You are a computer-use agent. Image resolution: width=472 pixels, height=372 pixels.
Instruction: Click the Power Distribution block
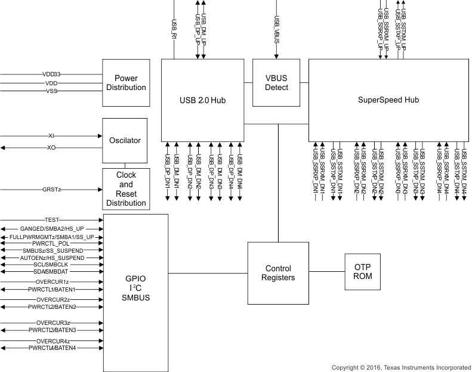pos(126,82)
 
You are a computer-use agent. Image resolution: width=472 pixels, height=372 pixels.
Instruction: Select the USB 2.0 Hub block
pos(203,99)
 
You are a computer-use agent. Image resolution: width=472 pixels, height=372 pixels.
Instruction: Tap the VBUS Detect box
pos(276,82)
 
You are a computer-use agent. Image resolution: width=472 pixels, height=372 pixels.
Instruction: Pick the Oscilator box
pos(125,141)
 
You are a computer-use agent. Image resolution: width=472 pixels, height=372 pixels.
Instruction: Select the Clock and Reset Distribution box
pos(125,189)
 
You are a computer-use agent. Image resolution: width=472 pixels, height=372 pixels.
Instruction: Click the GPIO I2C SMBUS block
pos(136,287)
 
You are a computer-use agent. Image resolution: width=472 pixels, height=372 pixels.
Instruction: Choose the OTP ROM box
pos(363,272)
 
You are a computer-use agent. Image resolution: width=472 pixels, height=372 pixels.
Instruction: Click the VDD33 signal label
pos(52,75)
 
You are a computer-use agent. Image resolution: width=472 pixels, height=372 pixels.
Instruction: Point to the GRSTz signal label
pos(52,189)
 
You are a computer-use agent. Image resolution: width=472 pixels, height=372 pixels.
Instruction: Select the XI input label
pos(51,136)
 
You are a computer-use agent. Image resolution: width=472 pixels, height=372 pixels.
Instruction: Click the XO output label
pos(51,147)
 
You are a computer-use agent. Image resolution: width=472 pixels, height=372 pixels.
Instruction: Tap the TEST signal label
pos(52,220)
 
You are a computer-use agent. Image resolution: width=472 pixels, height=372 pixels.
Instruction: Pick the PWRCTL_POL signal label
pos(52,243)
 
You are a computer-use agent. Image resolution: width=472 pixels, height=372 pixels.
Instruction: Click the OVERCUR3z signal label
pos(52,323)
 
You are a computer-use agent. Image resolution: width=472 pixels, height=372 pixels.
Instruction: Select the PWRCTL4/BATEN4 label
pos(52,348)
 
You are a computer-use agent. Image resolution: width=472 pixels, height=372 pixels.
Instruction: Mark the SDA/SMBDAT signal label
pos(52,271)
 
